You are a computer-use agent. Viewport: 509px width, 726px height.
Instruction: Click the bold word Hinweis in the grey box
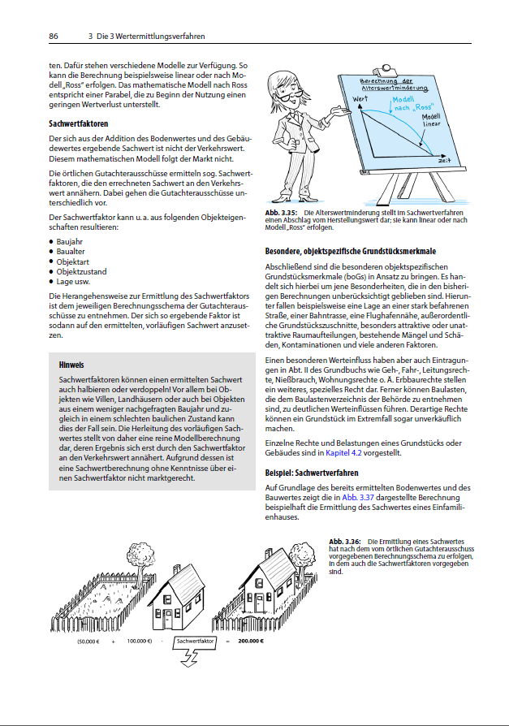pos(72,365)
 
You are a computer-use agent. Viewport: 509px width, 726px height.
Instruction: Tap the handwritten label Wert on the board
pos(361,99)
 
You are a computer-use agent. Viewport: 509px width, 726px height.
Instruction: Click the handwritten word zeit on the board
pos(444,160)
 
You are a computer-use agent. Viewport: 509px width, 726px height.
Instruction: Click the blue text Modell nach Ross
pos(410,104)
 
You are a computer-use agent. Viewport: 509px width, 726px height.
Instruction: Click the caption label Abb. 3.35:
pos(281,213)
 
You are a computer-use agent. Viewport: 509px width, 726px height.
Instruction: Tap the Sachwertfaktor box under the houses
pos(195,640)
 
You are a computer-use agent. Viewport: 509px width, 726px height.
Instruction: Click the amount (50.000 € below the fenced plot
pos(88,640)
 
